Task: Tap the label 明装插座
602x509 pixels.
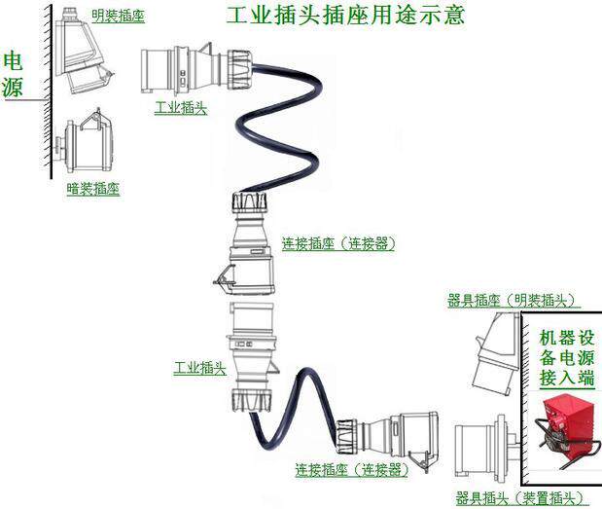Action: point(117,15)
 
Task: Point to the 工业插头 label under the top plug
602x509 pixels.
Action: point(180,107)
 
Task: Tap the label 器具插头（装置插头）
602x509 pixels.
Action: point(521,498)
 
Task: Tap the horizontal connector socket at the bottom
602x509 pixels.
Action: point(389,438)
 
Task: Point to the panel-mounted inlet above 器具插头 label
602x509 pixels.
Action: point(486,454)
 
